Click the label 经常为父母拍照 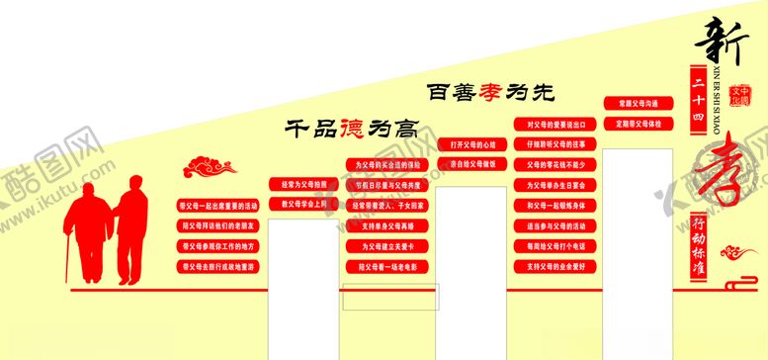[301, 185]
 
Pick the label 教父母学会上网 [301, 205]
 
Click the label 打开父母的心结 [471, 143]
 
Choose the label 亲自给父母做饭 [471, 164]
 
